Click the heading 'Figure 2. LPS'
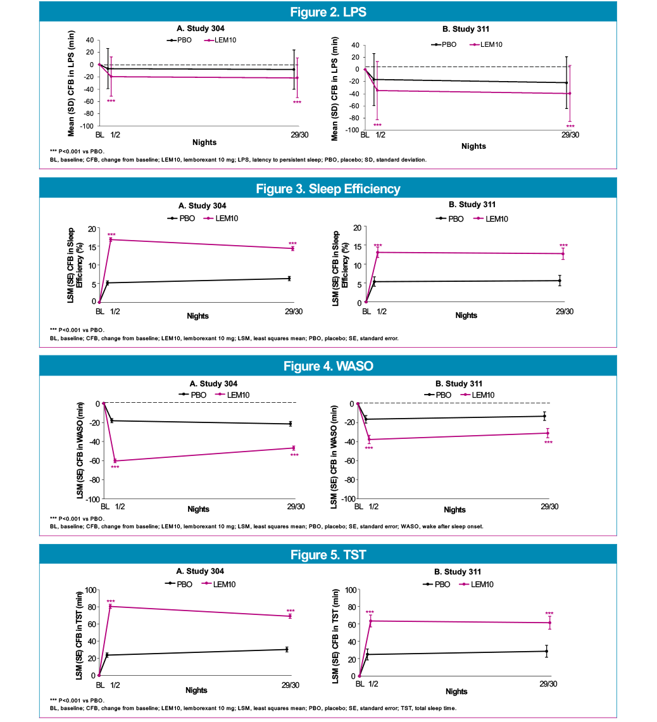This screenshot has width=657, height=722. (x=328, y=11)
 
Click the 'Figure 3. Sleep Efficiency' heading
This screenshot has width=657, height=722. (x=328, y=189)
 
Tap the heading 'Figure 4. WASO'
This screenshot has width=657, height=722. (x=328, y=366)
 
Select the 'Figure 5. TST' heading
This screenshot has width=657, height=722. (x=328, y=555)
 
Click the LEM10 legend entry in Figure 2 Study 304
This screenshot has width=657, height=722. (x=222, y=41)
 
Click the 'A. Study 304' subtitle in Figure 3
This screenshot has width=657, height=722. (x=200, y=206)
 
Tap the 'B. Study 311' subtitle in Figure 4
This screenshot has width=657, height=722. (x=459, y=384)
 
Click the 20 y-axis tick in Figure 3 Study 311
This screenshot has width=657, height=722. (x=356, y=227)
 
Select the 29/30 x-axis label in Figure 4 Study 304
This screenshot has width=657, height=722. (x=295, y=507)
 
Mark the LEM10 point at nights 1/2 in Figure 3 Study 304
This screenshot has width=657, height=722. (x=111, y=239)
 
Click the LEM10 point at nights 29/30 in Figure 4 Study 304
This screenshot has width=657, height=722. (x=294, y=448)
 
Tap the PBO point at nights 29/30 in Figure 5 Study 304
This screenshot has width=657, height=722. (x=287, y=649)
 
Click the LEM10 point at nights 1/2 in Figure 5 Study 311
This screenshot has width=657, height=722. (x=370, y=621)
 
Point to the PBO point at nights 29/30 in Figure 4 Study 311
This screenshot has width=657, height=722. (x=544, y=416)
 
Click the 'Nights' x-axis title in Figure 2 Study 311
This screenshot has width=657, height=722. (x=473, y=146)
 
